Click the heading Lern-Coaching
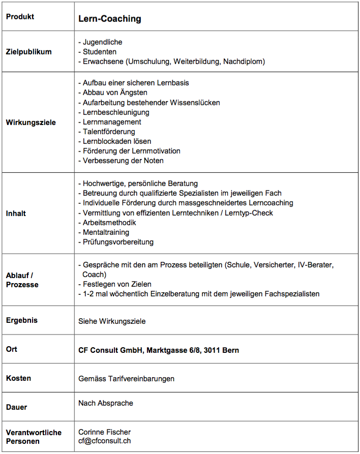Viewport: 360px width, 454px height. point(109,19)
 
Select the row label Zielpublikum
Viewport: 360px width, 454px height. point(28,52)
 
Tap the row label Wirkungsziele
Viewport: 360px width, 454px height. point(31,123)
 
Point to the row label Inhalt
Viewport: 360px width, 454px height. point(16,214)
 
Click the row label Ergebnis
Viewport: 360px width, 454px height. point(22,320)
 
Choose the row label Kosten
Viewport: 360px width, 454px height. point(18,378)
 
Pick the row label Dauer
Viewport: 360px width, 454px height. point(16,407)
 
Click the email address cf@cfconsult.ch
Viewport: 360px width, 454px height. point(104,441)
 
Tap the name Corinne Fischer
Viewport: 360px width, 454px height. point(104,432)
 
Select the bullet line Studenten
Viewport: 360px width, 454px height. point(99,52)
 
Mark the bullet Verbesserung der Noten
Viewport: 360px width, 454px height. point(123,161)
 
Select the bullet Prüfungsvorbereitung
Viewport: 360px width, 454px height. point(118,242)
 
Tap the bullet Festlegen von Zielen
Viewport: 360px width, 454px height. point(117,284)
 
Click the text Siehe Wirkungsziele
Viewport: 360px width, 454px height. point(112,321)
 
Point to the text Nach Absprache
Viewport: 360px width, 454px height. point(106,403)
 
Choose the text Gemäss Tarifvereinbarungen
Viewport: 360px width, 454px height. point(126,379)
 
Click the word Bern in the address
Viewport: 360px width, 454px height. point(230,350)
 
